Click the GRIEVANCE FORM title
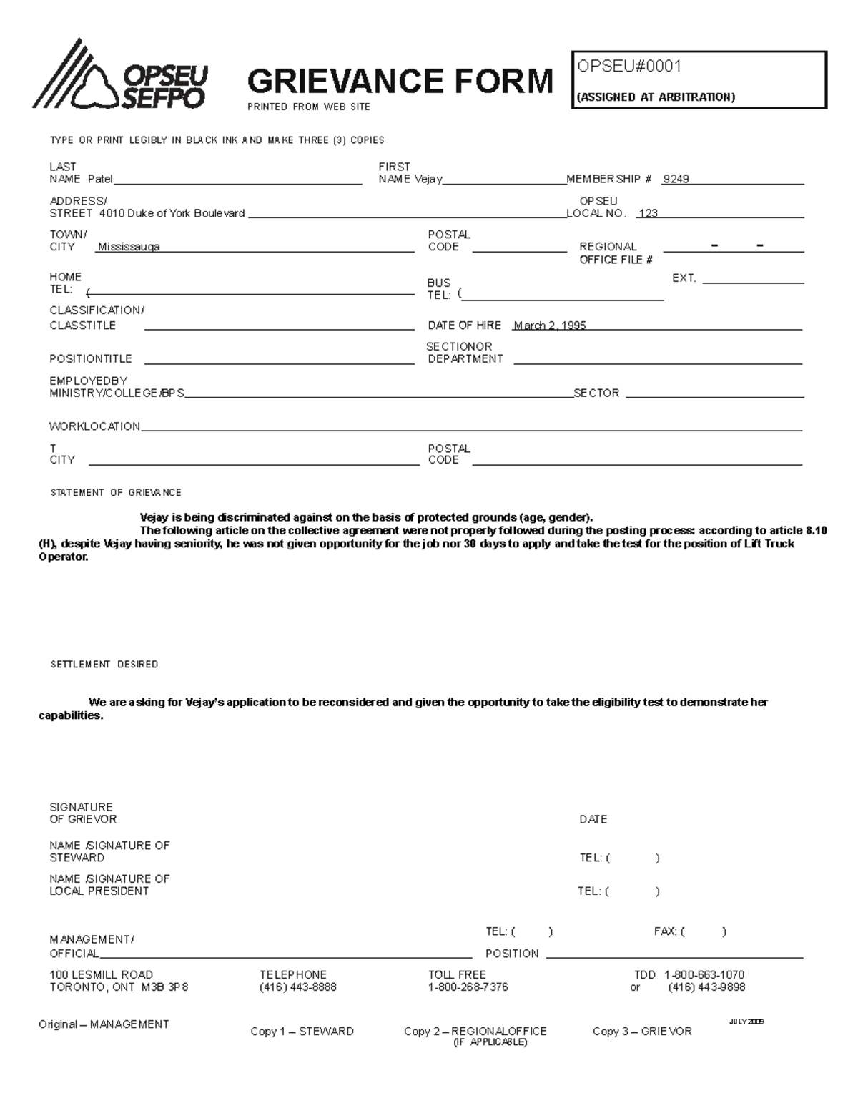[400, 81]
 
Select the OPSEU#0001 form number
[629, 67]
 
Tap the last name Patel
[100, 180]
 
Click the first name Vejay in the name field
[428, 180]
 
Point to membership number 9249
[675, 180]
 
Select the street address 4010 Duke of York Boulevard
[172, 213]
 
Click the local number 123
[648, 213]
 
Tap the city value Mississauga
[129, 247]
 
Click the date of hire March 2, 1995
[549, 326]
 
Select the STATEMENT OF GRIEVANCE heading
[116, 493]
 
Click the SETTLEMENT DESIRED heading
[104, 665]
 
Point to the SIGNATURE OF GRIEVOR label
[82, 813]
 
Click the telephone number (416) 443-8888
[297, 987]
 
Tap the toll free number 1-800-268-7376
[468, 987]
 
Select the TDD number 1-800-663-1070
[704, 975]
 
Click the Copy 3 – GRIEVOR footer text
[642, 1032]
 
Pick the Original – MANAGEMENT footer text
[104, 1024]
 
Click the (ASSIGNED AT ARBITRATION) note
[656, 97]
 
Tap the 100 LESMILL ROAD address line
[101, 975]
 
